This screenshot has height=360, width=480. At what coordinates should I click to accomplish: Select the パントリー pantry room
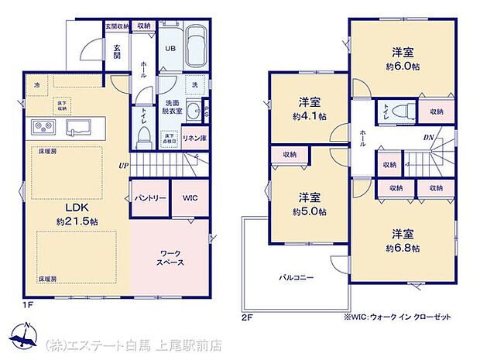tap(150, 198)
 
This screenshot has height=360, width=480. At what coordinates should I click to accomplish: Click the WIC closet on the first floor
tap(190, 198)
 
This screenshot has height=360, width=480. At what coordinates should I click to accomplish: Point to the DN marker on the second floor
tap(428, 139)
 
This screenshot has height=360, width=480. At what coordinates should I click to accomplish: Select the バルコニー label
tap(296, 276)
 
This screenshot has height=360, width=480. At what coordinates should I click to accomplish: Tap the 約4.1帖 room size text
tap(309, 116)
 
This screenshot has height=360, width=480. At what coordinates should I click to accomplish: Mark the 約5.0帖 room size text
tap(309, 211)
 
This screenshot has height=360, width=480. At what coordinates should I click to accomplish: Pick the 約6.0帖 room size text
tap(401, 67)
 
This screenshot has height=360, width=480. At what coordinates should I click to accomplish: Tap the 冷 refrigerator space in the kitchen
tap(37, 84)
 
